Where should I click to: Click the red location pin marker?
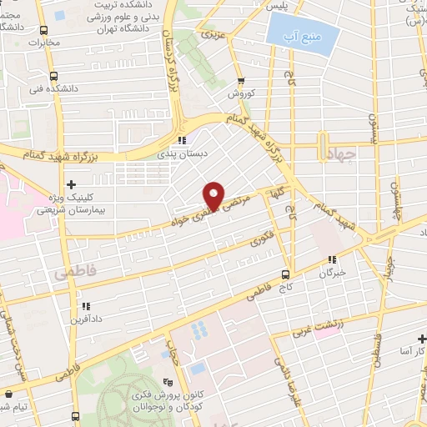(x=213, y=195)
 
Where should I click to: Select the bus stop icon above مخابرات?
(x=43, y=30)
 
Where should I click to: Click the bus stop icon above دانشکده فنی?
(x=44, y=76)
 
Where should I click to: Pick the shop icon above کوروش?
(x=241, y=82)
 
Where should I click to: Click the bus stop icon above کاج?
(x=285, y=274)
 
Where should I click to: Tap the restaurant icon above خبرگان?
(x=333, y=260)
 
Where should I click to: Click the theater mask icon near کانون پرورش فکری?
(x=176, y=356)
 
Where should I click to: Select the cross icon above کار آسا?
(x=421, y=338)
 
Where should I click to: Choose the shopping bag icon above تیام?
(x=8, y=393)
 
